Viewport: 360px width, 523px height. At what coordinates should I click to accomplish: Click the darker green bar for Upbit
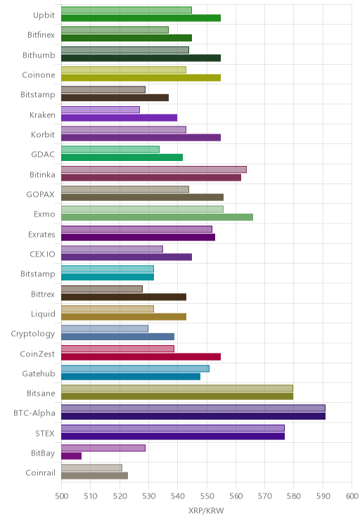point(141,18)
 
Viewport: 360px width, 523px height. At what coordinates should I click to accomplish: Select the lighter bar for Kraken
point(101,110)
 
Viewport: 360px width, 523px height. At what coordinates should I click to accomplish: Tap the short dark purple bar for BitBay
point(72,456)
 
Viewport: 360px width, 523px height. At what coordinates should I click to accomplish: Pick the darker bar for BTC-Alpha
point(193,416)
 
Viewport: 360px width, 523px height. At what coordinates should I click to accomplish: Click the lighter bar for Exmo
point(143,209)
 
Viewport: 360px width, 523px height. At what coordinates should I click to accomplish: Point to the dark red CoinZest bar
point(141,356)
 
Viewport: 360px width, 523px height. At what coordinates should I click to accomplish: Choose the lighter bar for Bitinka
point(154,169)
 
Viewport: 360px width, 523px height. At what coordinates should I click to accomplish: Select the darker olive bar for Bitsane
point(177,396)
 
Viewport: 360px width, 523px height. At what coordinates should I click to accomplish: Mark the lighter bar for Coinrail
point(91,467)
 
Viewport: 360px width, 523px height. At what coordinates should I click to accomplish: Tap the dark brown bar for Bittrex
point(124,297)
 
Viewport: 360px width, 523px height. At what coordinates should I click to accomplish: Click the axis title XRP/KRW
point(206,510)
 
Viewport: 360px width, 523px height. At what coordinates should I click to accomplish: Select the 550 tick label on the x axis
point(207,496)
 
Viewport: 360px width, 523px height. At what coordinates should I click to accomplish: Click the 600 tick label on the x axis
point(352,496)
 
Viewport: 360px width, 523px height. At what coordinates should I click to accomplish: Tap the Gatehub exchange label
point(39,373)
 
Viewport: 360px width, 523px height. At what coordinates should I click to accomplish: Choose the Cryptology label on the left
point(33,334)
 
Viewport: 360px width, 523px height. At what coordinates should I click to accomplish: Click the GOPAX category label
point(40,195)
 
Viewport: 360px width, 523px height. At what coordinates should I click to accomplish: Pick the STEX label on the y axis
point(45,433)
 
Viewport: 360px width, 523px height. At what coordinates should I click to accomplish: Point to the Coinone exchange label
point(39,75)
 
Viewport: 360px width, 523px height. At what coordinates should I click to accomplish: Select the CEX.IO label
point(42,254)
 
